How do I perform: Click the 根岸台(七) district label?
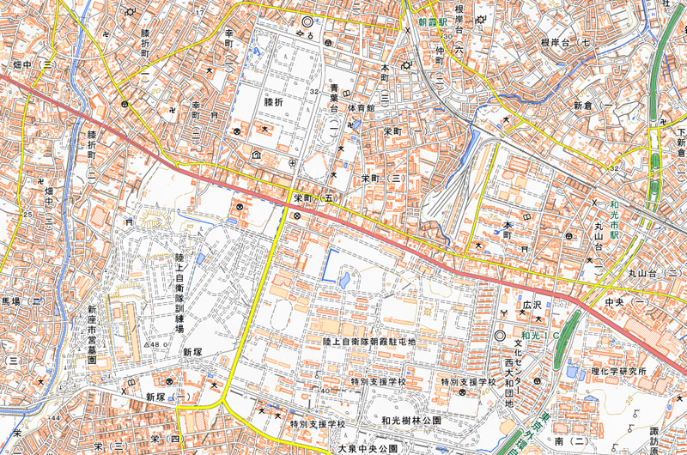[x=568, y=41]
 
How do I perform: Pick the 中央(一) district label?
[x=624, y=302]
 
